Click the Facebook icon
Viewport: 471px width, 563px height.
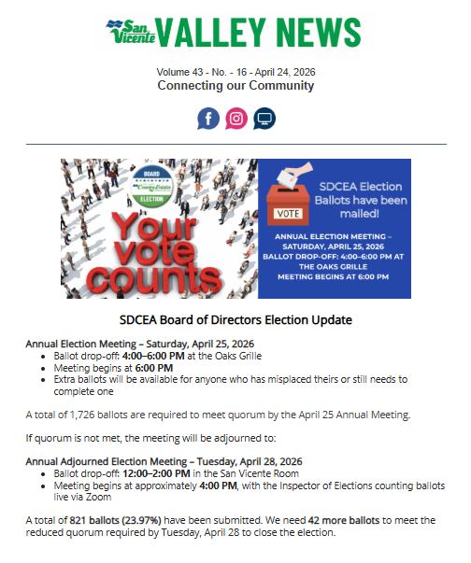click(x=208, y=119)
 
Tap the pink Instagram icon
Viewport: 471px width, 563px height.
click(x=236, y=119)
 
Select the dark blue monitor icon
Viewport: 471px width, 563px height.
click(x=264, y=119)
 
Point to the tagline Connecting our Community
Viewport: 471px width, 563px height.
click(x=235, y=86)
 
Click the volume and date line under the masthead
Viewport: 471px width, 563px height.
click(x=235, y=72)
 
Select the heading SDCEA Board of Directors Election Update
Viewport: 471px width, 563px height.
click(x=235, y=319)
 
